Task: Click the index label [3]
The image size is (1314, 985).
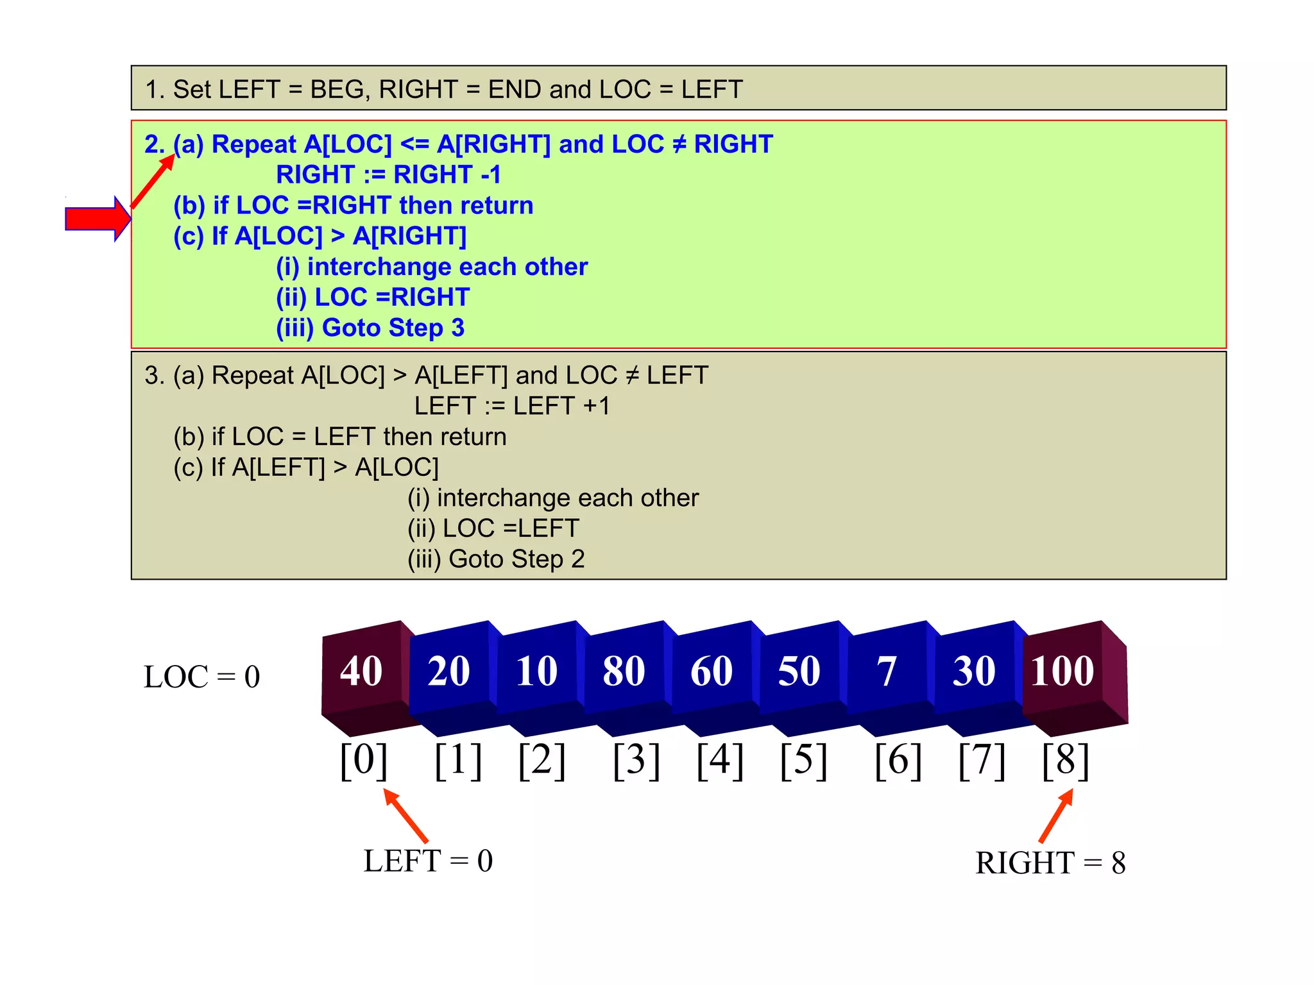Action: click(x=636, y=761)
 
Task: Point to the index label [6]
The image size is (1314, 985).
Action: click(x=898, y=761)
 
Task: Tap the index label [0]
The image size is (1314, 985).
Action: click(x=364, y=761)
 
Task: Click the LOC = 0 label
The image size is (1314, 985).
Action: click(x=202, y=677)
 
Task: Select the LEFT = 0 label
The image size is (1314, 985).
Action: click(x=428, y=861)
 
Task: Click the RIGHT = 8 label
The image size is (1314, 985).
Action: click(x=1050, y=863)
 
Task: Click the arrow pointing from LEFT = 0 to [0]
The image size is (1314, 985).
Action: click(x=405, y=815)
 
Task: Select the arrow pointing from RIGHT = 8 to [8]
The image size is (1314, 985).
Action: click(x=1056, y=815)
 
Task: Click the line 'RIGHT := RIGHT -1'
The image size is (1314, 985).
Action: click(x=388, y=174)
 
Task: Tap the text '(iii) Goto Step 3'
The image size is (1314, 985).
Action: click(x=370, y=328)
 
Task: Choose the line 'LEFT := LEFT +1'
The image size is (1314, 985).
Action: click(x=512, y=406)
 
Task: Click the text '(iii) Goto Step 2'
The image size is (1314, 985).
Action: click(x=496, y=559)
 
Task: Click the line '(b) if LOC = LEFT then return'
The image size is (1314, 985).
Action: click(x=340, y=437)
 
